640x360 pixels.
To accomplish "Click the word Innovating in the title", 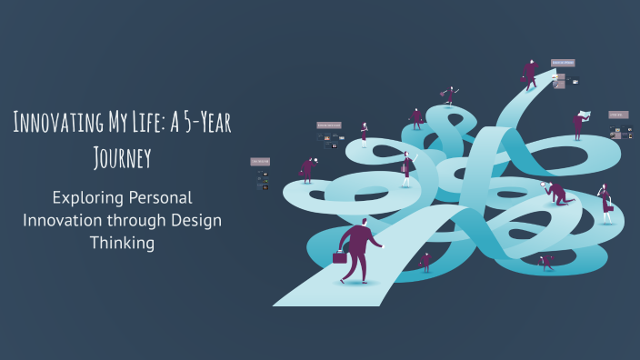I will (53, 125).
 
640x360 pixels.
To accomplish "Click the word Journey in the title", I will (121, 157).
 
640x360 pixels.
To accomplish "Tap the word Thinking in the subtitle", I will (121, 243).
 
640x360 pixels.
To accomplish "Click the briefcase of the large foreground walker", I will (340, 257).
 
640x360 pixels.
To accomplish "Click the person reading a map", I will (578, 123).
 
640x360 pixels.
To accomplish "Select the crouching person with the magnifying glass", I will (555, 192).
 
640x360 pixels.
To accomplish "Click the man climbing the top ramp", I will (530, 73).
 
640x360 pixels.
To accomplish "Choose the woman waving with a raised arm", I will (406, 168).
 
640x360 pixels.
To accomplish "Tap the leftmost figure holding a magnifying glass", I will (307, 169).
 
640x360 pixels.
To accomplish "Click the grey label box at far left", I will (260, 162).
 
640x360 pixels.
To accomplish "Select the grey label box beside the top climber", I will (563, 63).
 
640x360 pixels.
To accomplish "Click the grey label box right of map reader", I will (615, 115).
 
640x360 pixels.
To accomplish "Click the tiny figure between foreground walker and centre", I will (425, 262).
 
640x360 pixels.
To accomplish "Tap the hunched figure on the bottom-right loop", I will (546, 261).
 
